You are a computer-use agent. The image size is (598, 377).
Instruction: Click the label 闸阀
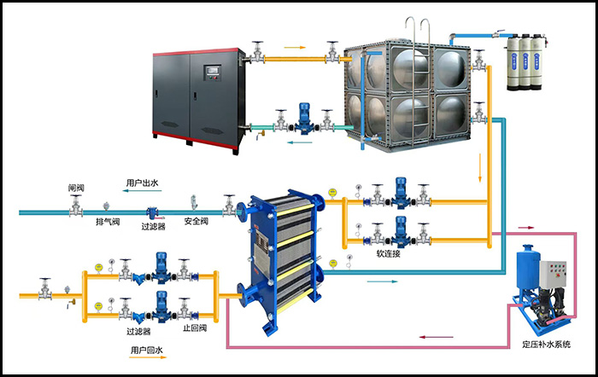point(77,188)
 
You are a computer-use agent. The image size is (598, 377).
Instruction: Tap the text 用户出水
point(144,183)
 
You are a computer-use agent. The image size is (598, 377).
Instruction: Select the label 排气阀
point(106,222)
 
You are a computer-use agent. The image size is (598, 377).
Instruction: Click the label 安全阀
point(197,222)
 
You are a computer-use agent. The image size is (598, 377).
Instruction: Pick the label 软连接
point(389,253)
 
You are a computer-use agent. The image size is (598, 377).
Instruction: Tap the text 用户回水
point(147,351)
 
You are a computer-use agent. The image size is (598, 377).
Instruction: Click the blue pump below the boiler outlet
point(302,119)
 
